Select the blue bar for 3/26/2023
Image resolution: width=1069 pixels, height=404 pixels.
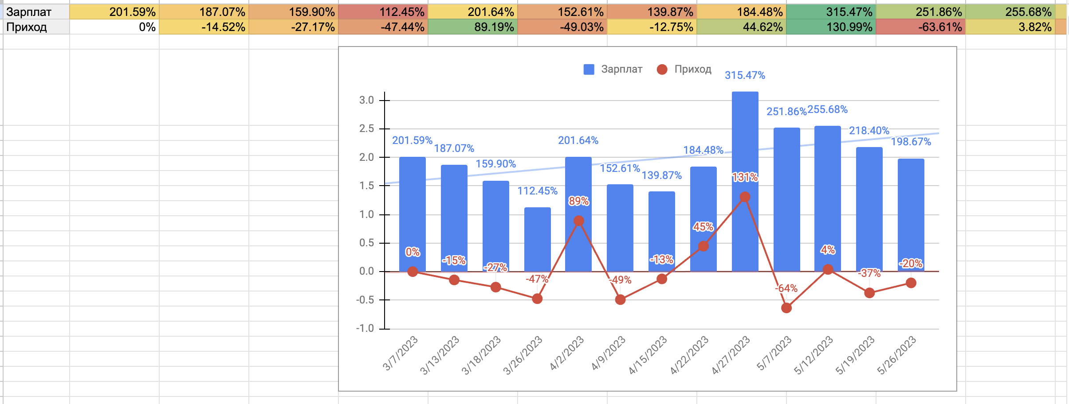click(537, 239)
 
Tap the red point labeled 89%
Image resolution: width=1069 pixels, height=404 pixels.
click(578, 221)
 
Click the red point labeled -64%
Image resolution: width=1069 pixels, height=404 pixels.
click(786, 308)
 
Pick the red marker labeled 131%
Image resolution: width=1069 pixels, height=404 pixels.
click(745, 197)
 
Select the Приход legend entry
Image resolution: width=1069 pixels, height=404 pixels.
click(684, 70)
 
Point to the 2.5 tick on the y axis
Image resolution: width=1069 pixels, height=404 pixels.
click(367, 129)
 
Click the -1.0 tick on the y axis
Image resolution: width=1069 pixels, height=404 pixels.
click(365, 328)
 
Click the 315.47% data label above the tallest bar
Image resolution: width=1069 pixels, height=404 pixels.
click(745, 75)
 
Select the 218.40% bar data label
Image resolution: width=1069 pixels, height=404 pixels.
click(869, 131)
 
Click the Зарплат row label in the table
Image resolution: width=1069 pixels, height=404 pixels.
click(29, 12)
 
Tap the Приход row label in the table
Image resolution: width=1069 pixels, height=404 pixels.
click(27, 27)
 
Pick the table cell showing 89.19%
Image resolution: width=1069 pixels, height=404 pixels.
click(473, 27)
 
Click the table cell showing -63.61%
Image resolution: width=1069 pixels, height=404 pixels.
click(921, 27)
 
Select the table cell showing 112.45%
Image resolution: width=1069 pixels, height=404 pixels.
click(383, 12)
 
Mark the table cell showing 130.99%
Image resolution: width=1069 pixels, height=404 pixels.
click(831, 27)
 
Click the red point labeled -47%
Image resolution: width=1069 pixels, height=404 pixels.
click(537, 299)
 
